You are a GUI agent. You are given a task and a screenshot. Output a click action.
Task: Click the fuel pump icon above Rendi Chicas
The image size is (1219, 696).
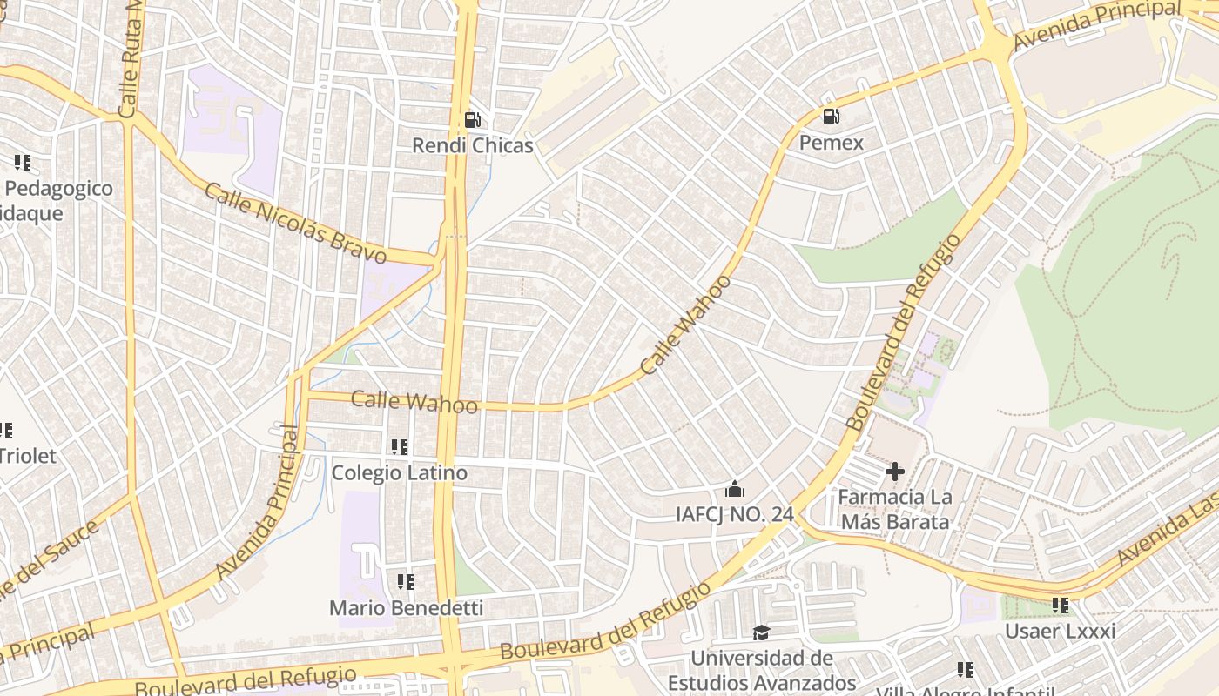(473, 120)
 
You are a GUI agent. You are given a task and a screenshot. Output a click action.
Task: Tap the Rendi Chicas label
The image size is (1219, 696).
(473, 145)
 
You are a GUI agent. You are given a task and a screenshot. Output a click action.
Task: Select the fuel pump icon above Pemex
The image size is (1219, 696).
(832, 117)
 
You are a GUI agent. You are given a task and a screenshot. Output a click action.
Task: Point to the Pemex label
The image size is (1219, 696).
(832, 142)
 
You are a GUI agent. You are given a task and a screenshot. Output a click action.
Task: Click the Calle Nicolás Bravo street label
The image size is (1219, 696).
(295, 223)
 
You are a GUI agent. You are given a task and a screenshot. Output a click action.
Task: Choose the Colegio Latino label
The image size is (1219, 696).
(400, 473)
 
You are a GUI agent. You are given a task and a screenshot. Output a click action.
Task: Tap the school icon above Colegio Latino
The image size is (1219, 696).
(400, 447)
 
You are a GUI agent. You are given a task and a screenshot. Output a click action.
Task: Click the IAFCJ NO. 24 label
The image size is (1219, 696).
(735, 514)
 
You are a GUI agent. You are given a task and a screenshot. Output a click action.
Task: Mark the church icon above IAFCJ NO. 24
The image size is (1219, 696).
(735, 489)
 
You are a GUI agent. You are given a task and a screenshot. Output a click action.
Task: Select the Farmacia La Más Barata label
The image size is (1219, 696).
(895, 510)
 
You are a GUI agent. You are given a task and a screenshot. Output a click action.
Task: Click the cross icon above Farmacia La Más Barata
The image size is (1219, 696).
(895, 472)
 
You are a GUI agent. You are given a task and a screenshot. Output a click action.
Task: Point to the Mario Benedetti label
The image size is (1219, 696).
(406, 607)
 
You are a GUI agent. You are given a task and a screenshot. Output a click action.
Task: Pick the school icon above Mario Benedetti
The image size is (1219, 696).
(406, 581)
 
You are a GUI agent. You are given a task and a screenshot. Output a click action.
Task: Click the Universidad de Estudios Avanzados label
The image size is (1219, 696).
(762, 670)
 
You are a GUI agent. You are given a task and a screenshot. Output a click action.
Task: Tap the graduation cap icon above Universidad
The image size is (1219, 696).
(762, 632)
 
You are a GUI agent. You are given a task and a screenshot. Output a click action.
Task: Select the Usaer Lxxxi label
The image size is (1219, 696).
(1060, 631)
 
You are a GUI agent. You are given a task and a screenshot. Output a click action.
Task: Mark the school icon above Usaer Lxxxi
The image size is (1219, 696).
(1060, 605)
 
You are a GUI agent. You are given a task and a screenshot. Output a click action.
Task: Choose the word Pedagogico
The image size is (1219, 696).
(59, 189)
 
